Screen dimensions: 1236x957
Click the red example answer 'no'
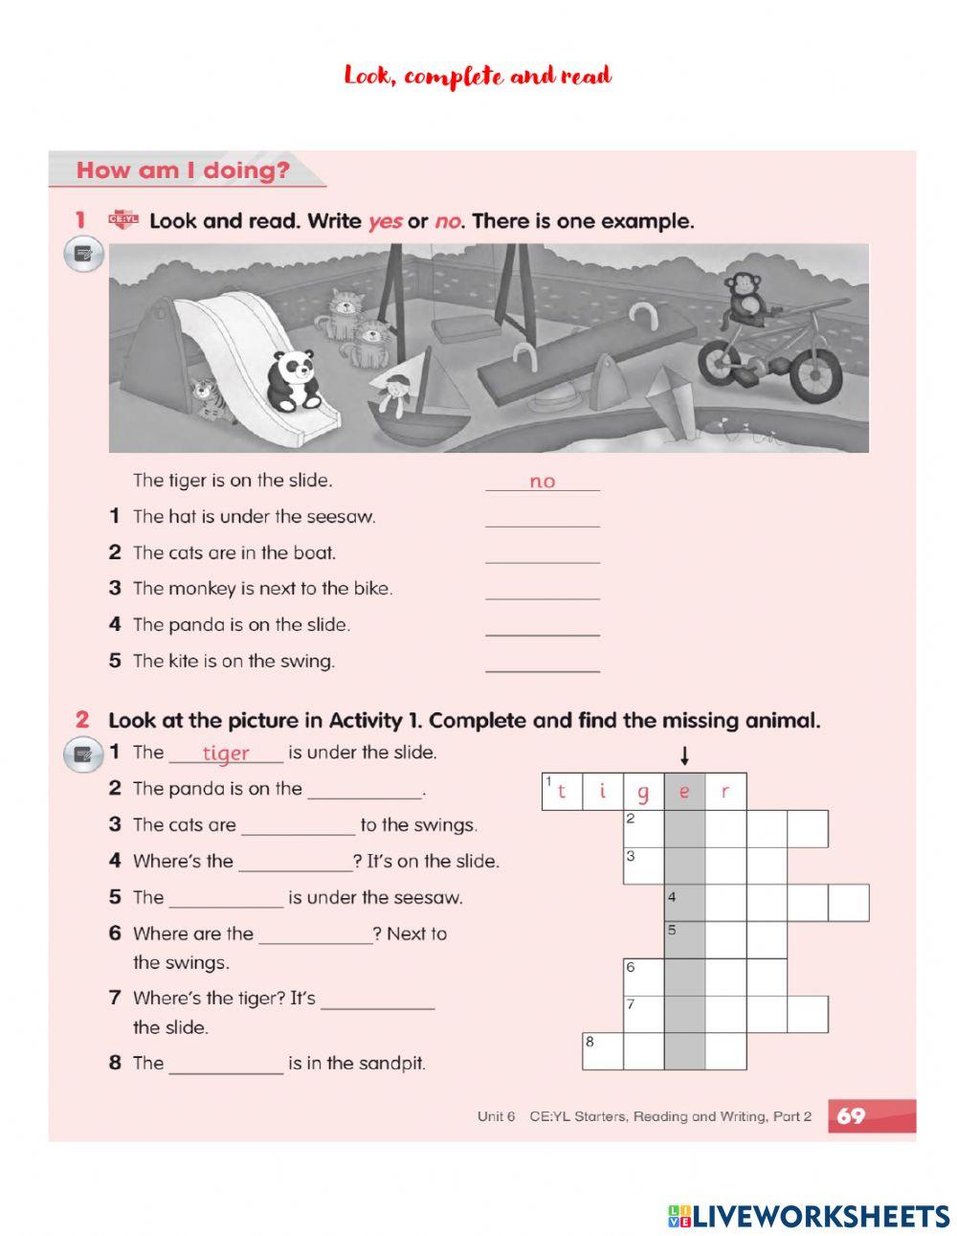(542, 482)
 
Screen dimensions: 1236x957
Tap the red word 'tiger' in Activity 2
(226, 753)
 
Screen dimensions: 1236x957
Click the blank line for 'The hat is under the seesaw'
(542, 519)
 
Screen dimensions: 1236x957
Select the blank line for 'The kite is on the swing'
(542, 663)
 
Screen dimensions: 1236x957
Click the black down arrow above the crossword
(684, 755)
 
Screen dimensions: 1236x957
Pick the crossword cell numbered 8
(603, 1050)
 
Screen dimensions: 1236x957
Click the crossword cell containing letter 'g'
(643, 792)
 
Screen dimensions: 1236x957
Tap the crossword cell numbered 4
(684, 903)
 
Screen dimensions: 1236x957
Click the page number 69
(851, 1115)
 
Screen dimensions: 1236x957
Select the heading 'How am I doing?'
(183, 171)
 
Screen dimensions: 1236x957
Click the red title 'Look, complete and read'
(478, 77)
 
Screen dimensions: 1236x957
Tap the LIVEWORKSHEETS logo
(809, 1216)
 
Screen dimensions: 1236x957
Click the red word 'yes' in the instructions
(385, 221)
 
